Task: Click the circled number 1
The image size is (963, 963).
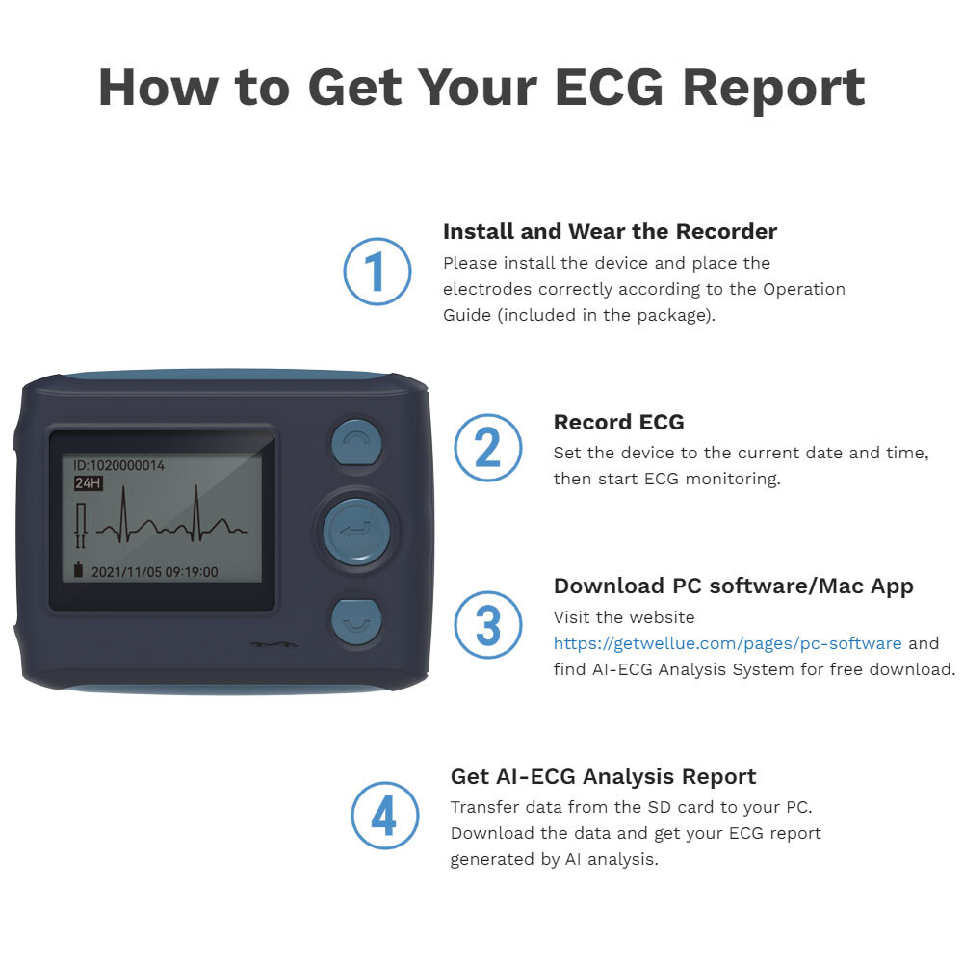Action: [x=377, y=272]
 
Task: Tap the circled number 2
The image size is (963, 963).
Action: [x=487, y=448]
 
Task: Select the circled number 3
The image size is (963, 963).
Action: [x=487, y=625]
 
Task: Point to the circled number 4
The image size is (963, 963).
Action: [x=384, y=816]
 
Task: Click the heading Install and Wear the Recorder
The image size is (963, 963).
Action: [x=610, y=231]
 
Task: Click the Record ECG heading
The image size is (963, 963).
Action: [x=618, y=422]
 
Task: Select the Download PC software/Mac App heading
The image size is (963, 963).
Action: [x=733, y=586]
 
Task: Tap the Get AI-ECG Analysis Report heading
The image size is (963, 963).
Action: [x=603, y=776]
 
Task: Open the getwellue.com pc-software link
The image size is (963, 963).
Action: [x=727, y=643]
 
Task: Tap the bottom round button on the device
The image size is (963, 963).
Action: [x=356, y=621]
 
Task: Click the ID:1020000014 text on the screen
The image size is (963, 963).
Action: [x=118, y=465]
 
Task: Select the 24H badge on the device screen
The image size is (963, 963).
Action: [x=89, y=483]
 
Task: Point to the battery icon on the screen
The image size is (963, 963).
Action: [x=79, y=571]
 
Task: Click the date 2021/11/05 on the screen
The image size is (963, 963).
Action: [x=125, y=572]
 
